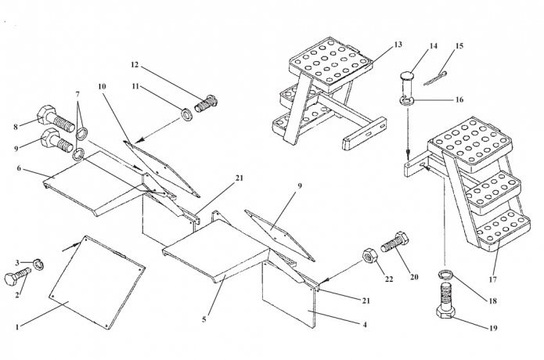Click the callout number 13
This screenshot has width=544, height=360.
coord(398,45)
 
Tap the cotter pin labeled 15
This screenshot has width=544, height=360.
coord(436,78)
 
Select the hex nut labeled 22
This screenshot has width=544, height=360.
coord(369,257)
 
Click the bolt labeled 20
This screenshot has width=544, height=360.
coord(394,242)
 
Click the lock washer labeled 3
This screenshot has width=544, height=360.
coord(39,265)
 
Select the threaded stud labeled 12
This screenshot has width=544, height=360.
coord(206,103)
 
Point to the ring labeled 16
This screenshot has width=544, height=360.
coord(406,101)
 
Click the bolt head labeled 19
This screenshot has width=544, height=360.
coord(445,311)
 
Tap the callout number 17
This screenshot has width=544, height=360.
coord(492,279)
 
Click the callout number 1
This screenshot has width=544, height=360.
coord(16,326)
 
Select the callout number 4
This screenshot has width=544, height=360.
coord(364,325)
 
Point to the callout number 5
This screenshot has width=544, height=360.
coord(204,319)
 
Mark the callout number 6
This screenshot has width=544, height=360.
coord(19,168)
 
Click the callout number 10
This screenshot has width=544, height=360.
coord(102,86)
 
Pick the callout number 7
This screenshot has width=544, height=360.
coord(77,95)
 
